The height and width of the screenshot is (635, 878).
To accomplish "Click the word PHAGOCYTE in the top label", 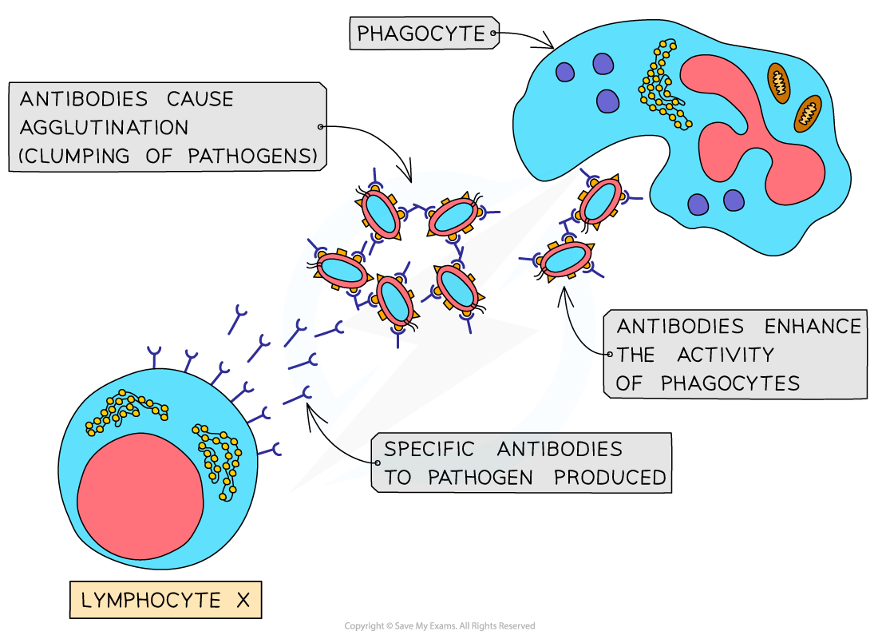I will [421, 34].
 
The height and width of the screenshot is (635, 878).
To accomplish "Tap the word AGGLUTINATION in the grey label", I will [104, 128].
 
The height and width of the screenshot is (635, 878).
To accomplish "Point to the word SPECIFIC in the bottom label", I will [429, 448].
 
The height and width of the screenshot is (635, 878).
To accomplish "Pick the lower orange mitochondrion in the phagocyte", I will [807, 113].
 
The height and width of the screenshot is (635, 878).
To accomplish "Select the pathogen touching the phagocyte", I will [600, 201].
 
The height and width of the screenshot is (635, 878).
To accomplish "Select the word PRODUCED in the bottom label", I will [610, 478].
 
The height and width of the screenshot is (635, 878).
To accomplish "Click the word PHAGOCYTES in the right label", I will [730, 383].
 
